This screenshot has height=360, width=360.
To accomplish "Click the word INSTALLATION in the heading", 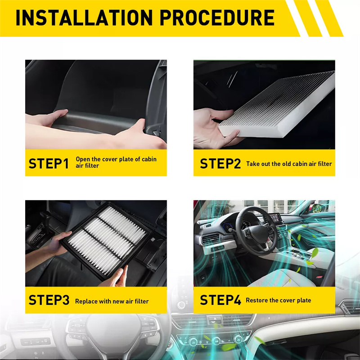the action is [84, 18].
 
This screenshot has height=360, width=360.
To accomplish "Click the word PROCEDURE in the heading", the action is [217, 18].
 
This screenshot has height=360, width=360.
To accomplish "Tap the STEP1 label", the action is [49, 163].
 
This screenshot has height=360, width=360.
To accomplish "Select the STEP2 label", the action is [220, 163].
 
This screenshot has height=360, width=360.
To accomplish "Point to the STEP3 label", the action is [49, 300].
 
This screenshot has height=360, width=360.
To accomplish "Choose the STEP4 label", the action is [220, 300].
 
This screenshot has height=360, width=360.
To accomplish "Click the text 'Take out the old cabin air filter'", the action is [289, 164].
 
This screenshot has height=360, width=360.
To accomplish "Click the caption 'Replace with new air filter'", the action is [112, 301].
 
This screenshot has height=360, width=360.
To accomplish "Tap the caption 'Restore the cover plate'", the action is [278, 300].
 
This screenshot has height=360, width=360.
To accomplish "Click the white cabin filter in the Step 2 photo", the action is [277, 104].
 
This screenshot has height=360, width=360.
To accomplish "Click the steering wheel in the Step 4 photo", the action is [256, 231].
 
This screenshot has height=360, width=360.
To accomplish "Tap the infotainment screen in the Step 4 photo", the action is [275, 218].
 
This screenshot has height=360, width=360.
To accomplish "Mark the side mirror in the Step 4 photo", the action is [318, 208].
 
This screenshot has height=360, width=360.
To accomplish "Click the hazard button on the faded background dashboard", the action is [215, 319].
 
